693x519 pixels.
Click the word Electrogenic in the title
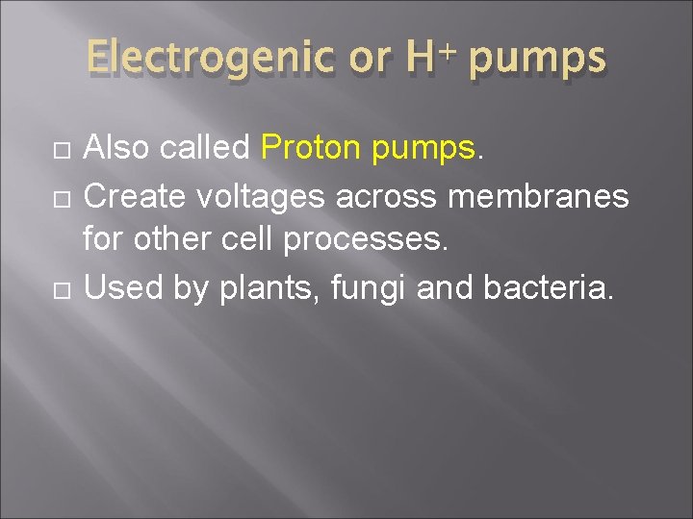point(211,60)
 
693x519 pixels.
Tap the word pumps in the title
point(538,60)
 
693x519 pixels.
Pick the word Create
point(134,196)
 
